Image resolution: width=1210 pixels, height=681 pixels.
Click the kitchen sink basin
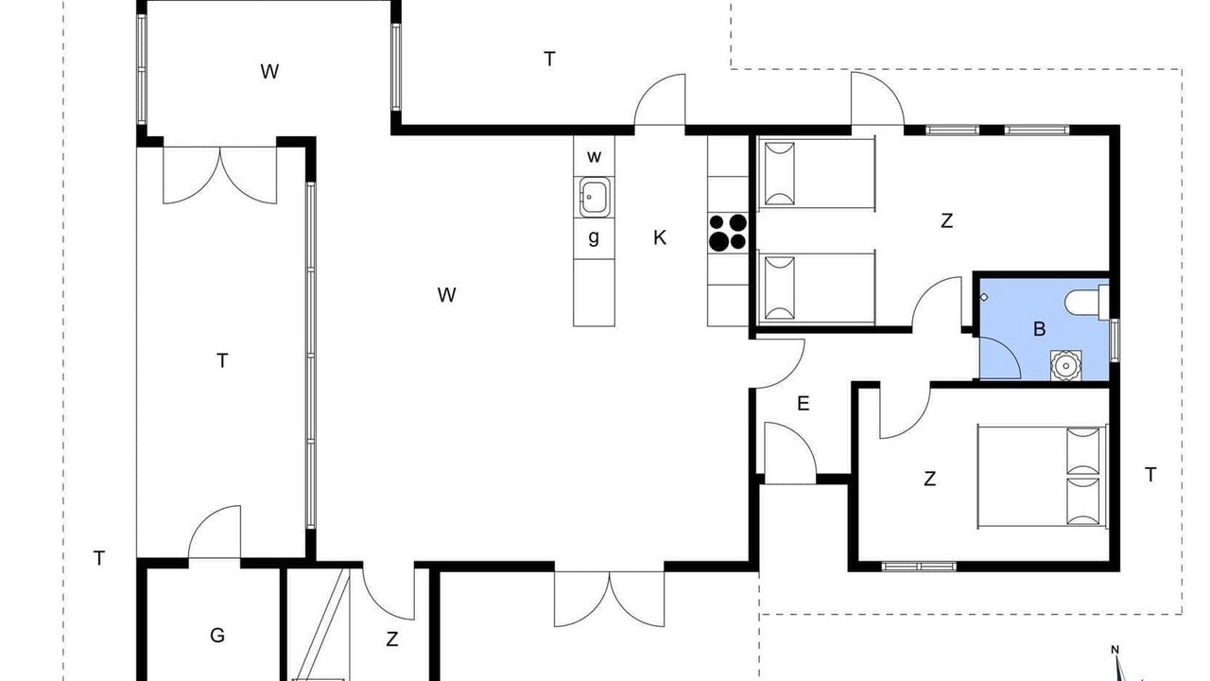pyautogui.click(x=595, y=198)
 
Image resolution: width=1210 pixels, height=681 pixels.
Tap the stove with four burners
pyautogui.click(x=728, y=233)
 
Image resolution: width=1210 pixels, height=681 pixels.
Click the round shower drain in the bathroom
pyautogui.click(x=1066, y=366)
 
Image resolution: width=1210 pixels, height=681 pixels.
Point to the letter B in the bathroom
pyautogui.click(x=1039, y=328)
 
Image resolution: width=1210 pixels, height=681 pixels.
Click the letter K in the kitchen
pyautogui.click(x=660, y=237)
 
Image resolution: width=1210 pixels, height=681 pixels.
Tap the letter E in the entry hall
pyautogui.click(x=804, y=403)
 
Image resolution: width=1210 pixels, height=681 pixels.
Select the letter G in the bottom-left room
pyautogui.click(x=217, y=635)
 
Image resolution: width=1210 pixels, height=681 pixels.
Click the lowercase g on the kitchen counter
pyautogui.click(x=594, y=237)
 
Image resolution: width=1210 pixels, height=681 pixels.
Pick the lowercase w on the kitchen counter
pyautogui.click(x=595, y=157)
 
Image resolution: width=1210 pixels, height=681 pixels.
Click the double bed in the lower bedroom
pyautogui.click(x=1043, y=478)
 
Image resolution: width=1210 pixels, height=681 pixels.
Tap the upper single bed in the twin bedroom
pyautogui.click(x=816, y=173)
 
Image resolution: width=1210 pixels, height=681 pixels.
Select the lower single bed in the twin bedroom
pyautogui.click(x=816, y=288)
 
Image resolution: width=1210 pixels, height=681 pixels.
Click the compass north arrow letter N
pyautogui.click(x=1115, y=650)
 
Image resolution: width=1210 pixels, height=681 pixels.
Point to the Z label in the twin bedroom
pyautogui.click(x=946, y=220)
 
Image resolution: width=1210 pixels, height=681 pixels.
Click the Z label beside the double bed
pyautogui.click(x=929, y=479)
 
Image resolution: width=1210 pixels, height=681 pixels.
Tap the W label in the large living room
pyautogui.click(x=447, y=294)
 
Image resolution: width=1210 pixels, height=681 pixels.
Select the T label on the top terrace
pyautogui.click(x=549, y=59)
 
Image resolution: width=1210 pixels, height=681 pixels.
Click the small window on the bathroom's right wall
pyautogui.click(x=1114, y=340)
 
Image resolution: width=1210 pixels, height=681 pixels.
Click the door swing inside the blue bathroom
pyautogui.click(x=1000, y=358)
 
